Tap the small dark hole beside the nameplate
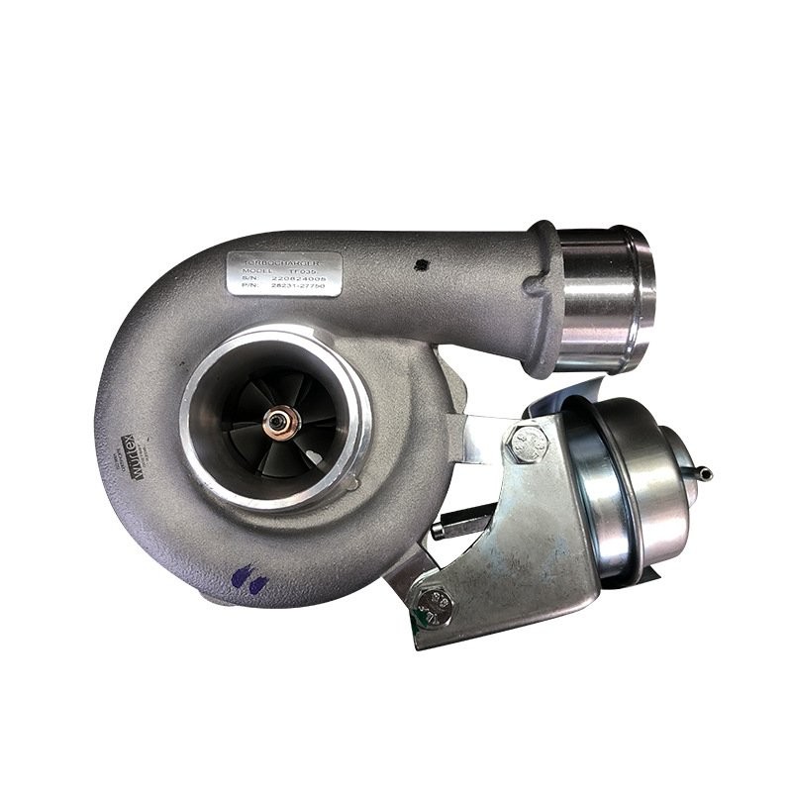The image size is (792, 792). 422,264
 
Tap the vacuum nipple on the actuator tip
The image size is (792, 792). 704,474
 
